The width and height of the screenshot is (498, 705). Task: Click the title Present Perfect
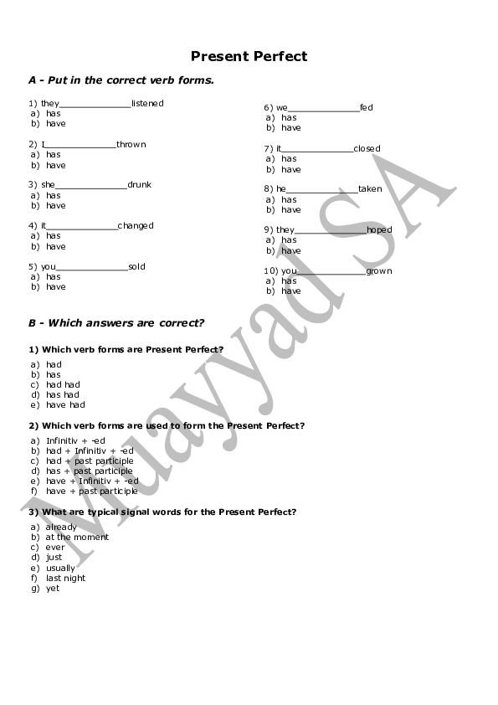tap(249, 57)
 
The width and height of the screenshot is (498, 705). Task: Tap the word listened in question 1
tap(147, 104)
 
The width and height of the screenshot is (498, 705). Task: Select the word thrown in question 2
tap(131, 145)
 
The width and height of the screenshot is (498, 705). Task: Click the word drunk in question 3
tap(139, 185)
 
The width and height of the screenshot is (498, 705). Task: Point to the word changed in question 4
tap(136, 226)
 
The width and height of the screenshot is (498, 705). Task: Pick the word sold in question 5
tap(136, 267)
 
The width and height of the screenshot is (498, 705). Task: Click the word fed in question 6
tap(367, 108)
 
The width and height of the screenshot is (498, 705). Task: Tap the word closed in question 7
tap(367, 149)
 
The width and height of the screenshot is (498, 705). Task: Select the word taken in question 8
tap(370, 189)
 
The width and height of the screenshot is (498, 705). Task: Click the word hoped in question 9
tap(378, 230)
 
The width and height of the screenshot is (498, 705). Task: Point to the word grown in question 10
tap(378, 271)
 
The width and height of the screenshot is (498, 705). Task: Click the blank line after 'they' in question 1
tap(95, 105)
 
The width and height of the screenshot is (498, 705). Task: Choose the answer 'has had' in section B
tap(63, 395)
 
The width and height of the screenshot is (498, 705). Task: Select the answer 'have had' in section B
tap(65, 405)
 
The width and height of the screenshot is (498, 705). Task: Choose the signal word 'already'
tap(61, 527)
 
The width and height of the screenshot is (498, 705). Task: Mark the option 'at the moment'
tap(77, 538)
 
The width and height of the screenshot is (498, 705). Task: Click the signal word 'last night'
tap(65, 579)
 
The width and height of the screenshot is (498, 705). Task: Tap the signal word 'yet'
tap(53, 589)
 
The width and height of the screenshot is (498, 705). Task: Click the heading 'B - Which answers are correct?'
tap(116, 323)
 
